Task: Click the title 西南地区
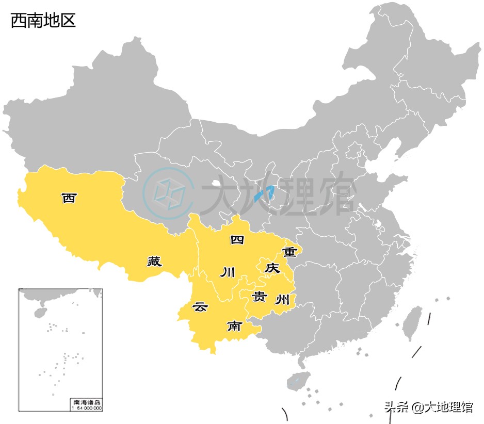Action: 43,21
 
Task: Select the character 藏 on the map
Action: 154,262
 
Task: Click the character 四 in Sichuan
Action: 237,239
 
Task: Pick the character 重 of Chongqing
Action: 289,252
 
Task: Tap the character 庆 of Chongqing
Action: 271,268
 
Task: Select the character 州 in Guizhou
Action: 282,299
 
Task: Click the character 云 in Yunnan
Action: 200,307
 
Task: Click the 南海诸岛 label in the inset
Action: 86,402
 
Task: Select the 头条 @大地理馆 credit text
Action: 428,407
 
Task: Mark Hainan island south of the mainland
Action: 298,381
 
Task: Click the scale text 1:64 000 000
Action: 86,407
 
